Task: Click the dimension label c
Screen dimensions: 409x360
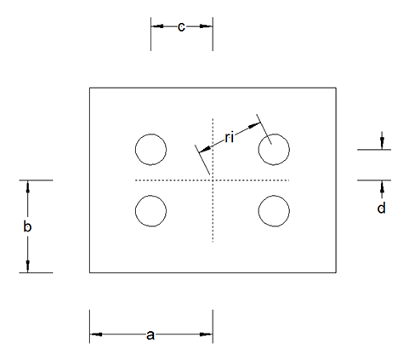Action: (181, 27)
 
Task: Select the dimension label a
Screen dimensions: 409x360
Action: (151, 335)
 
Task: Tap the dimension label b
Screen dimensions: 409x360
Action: (27, 226)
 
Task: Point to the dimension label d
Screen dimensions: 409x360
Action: (382, 208)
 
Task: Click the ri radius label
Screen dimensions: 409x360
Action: (230, 138)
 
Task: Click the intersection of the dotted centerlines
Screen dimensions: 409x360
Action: (213, 180)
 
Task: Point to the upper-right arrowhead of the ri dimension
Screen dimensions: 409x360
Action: (254, 125)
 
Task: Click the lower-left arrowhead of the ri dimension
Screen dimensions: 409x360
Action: (205, 150)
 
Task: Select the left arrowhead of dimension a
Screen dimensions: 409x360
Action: (96, 334)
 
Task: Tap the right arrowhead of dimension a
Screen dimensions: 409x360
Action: (206, 334)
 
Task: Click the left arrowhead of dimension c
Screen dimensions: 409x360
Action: (157, 26)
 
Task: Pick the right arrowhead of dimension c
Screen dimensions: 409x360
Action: (206, 26)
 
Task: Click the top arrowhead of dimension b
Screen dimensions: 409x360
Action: (28, 186)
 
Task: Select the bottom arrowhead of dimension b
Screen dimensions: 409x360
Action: (28, 266)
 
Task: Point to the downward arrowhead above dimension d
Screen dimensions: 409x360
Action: (382, 143)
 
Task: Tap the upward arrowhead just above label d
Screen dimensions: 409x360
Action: (382, 186)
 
